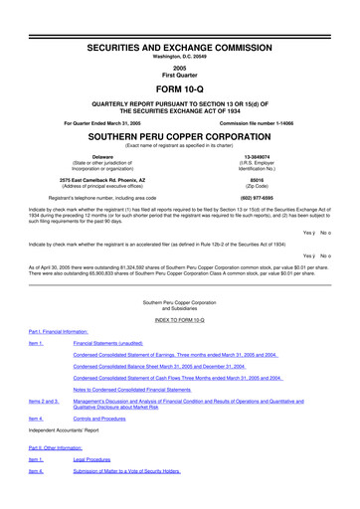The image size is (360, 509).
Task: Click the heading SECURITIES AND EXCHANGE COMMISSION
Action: click(x=180, y=20)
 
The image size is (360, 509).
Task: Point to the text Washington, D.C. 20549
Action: click(x=180, y=30)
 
